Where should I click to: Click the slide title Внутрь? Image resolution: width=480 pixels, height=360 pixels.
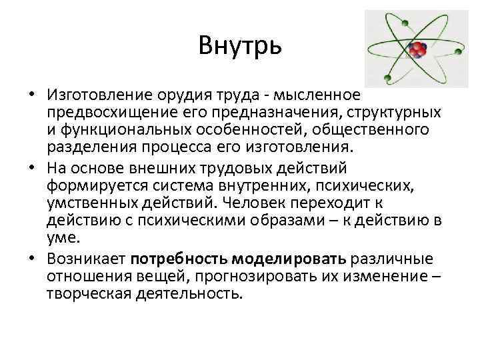240,46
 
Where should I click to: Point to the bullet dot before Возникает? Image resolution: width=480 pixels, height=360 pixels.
31,259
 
